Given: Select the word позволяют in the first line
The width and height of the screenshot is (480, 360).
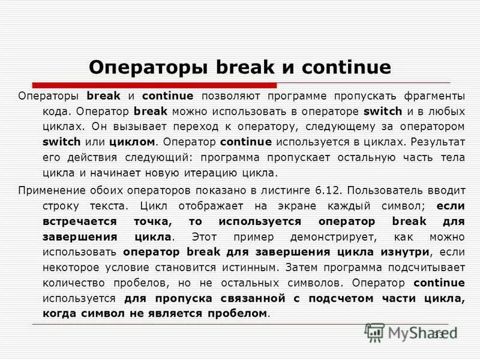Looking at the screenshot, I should (x=229, y=96).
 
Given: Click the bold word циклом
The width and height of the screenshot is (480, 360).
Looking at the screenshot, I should (x=133, y=143).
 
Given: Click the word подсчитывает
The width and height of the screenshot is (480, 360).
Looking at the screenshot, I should (x=428, y=267).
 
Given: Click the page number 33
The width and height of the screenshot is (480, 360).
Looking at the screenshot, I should (x=438, y=334).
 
